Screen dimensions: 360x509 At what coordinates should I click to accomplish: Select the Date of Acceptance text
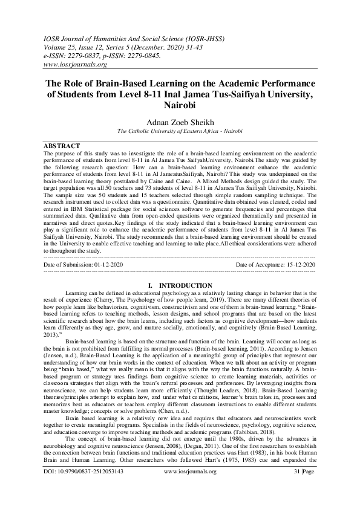point(275,265)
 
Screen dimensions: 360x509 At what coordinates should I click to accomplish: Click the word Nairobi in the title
point(180,104)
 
